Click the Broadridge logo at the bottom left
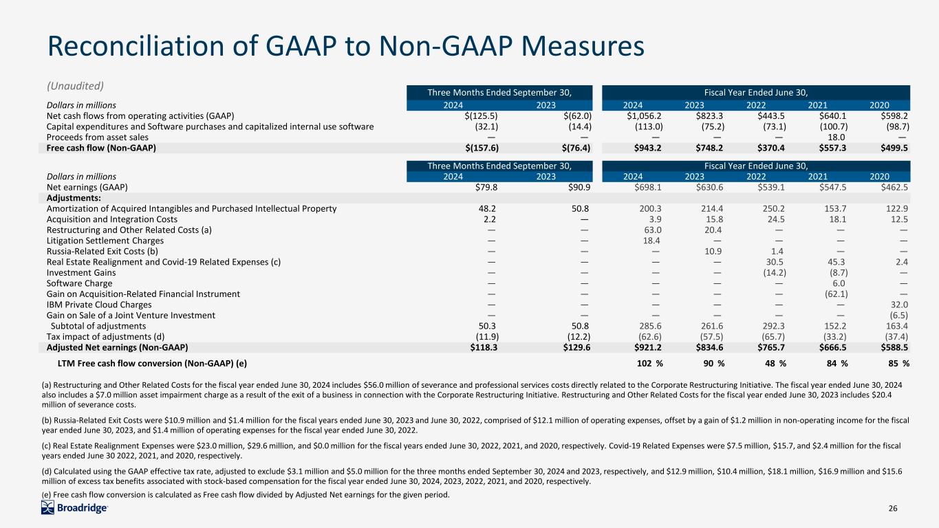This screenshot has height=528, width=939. point(74,508)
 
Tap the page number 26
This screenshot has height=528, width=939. point(893,508)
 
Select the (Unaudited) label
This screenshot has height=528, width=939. point(75,86)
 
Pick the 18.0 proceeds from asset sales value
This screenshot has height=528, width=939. point(837,137)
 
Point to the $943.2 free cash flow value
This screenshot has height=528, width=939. point(647,148)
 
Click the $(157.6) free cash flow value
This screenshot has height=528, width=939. point(482,148)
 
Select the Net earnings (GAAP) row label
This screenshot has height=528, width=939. point(87,187)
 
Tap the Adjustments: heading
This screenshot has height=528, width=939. point(74,198)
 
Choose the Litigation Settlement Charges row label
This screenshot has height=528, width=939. point(105,241)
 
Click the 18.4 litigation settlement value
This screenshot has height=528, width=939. point(651,241)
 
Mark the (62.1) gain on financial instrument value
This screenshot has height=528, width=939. point(836,294)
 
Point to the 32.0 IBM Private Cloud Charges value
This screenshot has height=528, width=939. point(899,305)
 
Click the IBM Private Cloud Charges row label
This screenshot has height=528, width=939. point(99,305)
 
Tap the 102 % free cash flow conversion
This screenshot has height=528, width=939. point(650,363)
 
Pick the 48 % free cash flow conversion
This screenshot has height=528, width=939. point(775,363)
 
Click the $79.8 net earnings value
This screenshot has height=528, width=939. point(486,187)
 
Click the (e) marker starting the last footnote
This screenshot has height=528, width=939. point(47,495)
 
